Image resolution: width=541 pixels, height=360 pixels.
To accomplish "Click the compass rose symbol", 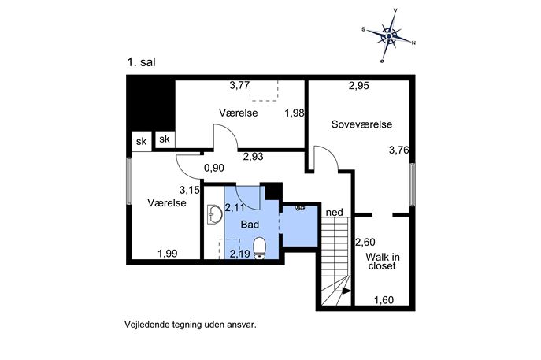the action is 389,36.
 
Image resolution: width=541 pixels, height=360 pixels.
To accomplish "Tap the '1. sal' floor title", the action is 142,62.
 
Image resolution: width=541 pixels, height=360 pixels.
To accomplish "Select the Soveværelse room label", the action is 361,124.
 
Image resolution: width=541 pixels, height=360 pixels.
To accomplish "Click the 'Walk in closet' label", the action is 382,262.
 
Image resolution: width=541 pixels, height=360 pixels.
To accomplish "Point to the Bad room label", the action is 250,225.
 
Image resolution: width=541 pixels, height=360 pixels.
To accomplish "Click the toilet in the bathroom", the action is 259,248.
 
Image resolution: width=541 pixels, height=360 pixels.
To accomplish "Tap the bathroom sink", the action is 215,214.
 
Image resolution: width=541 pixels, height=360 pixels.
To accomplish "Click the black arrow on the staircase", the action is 346,291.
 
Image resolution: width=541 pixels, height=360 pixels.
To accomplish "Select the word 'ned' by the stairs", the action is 335,212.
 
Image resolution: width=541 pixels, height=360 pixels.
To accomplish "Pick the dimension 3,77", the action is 239,85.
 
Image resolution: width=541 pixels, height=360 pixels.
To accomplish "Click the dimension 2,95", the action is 359,86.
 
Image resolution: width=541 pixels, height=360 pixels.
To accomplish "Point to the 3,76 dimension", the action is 398,150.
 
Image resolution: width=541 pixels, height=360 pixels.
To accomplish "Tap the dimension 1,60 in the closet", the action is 384,300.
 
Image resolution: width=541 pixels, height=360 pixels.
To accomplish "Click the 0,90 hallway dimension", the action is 214,168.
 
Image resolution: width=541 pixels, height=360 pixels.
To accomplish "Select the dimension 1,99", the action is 167,254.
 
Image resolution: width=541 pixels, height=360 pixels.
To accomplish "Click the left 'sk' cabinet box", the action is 142,141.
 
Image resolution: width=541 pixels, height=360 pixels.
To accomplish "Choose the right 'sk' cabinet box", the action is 165,139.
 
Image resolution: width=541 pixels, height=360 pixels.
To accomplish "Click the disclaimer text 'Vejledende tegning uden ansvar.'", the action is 191,325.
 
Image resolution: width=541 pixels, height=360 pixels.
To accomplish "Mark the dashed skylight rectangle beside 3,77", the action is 265,91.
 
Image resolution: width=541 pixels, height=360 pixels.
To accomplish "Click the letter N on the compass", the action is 413,43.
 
